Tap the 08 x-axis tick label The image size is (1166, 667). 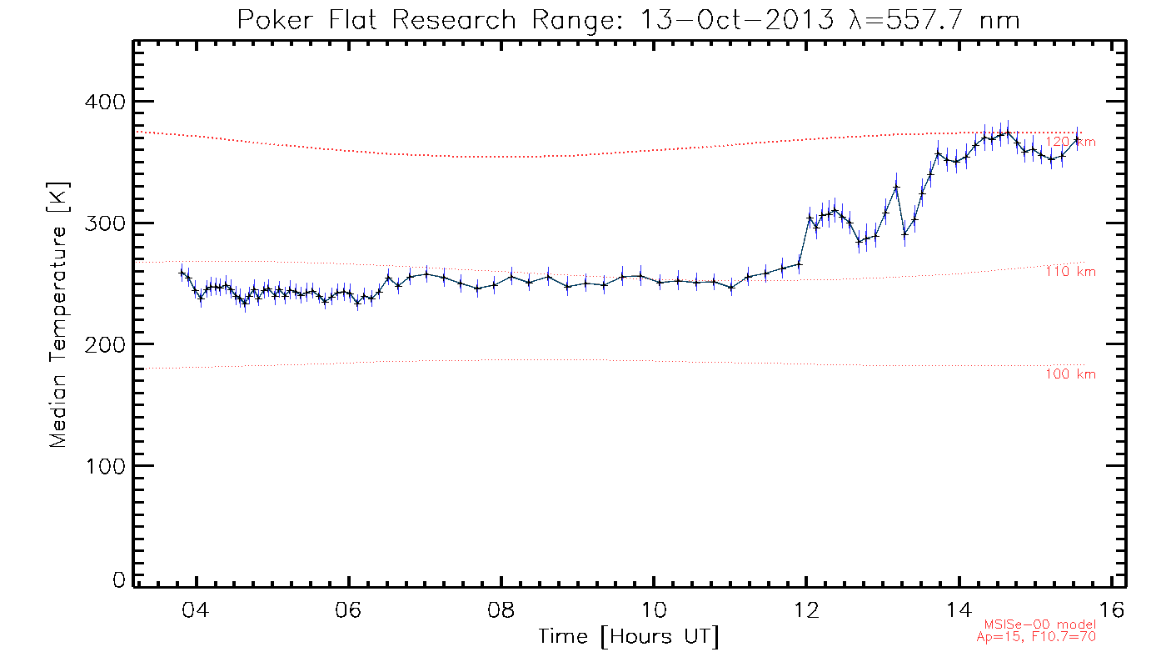pyautogui.click(x=501, y=609)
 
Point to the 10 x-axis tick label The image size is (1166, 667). pyautogui.click(x=654, y=609)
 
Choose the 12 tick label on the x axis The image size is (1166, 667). pyautogui.click(x=806, y=609)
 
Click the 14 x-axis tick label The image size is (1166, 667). pyautogui.click(x=959, y=609)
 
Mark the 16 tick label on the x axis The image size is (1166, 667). pyautogui.click(x=1112, y=609)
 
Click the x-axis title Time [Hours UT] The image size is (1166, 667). pyautogui.click(x=628, y=638)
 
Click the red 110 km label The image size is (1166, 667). pyautogui.click(x=1071, y=272)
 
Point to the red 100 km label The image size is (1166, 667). pyautogui.click(x=1071, y=374)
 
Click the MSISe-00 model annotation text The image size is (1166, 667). pyautogui.click(x=1040, y=624)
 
